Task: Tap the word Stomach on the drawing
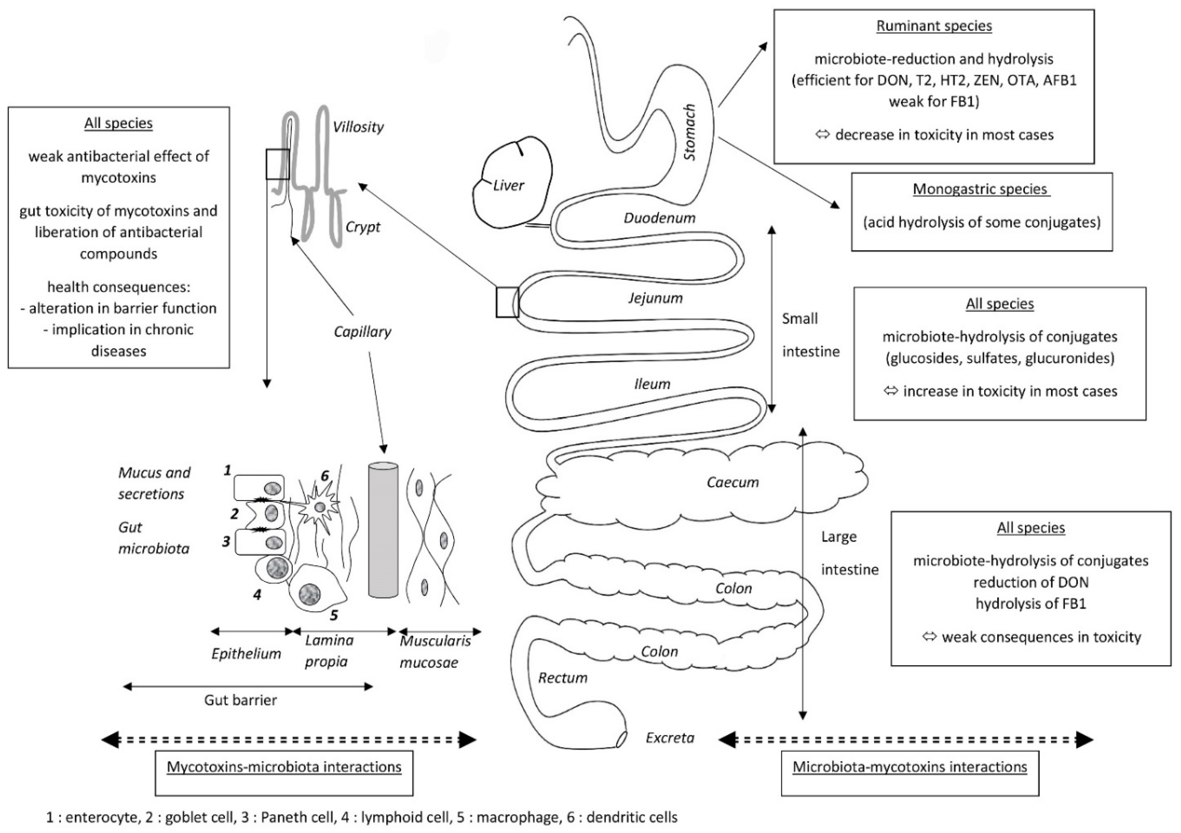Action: click(689, 133)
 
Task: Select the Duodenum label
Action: click(659, 218)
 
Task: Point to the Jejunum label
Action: click(655, 298)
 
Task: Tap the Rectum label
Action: click(563, 678)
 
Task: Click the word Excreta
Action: click(670, 738)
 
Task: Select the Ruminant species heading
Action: click(934, 26)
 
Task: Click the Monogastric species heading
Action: click(981, 189)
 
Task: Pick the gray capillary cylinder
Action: click(383, 530)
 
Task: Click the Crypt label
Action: click(363, 227)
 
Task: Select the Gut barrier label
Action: click(240, 700)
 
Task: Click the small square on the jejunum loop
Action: click(507, 302)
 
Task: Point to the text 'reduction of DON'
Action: click(1030, 582)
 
